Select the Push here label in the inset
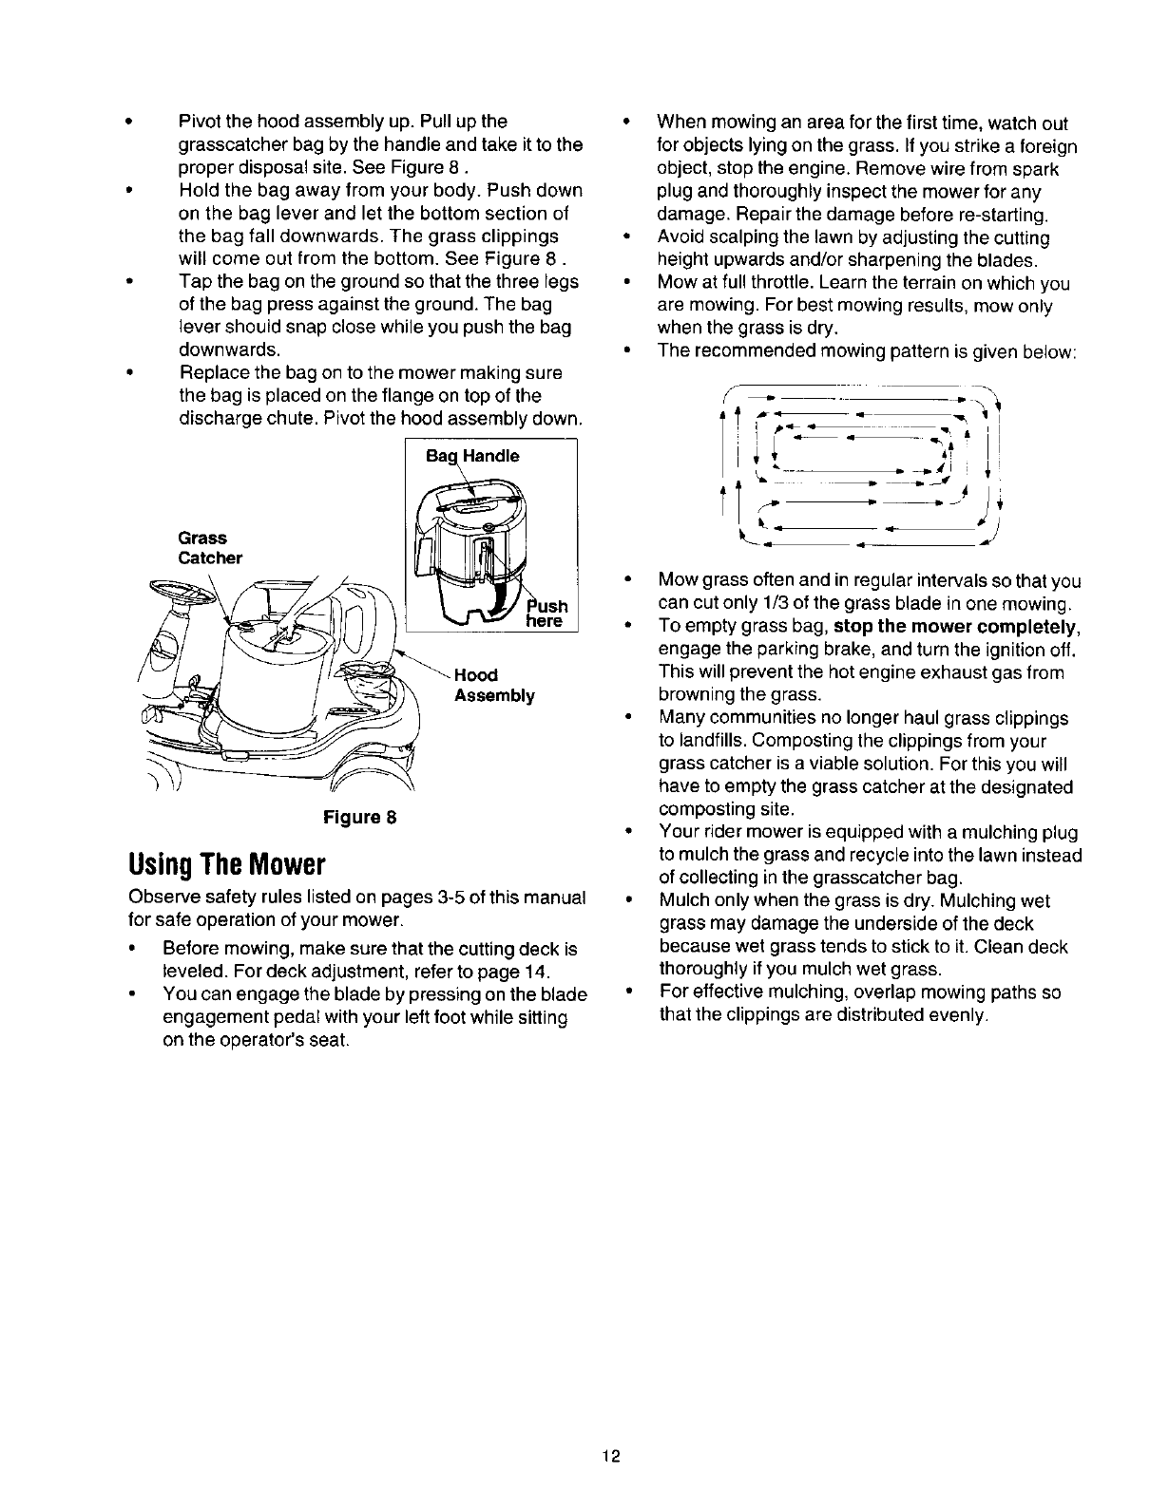[546, 613]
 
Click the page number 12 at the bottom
[610, 1456]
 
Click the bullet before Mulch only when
[625, 901]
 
